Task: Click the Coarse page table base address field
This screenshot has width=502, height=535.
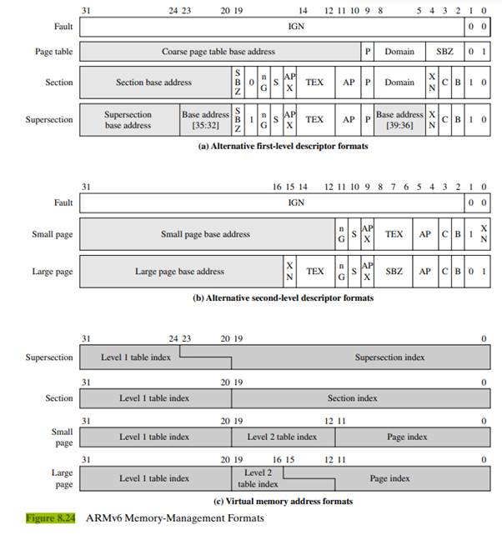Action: (x=218, y=52)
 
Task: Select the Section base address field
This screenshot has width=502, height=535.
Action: (x=153, y=82)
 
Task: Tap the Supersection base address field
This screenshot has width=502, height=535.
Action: (x=128, y=120)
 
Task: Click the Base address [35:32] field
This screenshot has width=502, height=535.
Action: (x=205, y=120)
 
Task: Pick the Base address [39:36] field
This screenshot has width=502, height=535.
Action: (x=399, y=120)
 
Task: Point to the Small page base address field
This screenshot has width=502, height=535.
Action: (x=205, y=234)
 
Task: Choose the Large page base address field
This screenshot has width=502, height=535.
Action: (x=179, y=271)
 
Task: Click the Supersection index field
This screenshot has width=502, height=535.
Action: (x=389, y=357)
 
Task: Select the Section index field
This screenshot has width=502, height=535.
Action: (x=352, y=398)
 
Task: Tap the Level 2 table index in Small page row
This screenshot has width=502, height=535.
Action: (x=282, y=437)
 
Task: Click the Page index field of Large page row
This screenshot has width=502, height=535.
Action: (x=389, y=479)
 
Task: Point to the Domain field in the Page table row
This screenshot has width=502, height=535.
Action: (x=399, y=52)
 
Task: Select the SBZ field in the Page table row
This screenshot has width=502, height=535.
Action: (x=445, y=52)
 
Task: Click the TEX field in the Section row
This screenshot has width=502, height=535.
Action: (x=314, y=82)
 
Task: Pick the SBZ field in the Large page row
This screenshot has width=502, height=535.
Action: (x=394, y=271)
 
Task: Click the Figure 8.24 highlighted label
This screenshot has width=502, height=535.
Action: (x=51, y=518)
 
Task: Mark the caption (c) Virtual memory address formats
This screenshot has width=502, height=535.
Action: (x=283, y=502)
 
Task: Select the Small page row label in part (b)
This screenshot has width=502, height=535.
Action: (x=52, y=234)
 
